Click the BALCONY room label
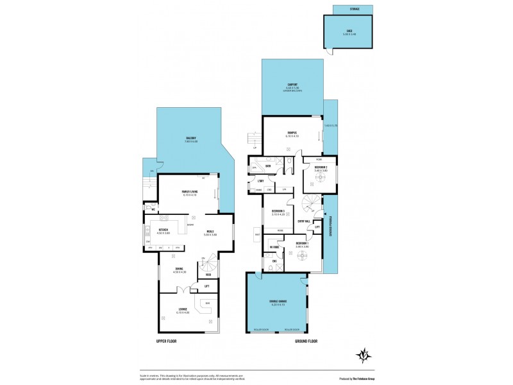click(191, 139)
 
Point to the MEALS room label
click(210, 232)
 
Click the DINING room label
click(179, 270)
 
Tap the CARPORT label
click(292, 85)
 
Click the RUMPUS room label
click(292, 133)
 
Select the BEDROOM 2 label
click(321, 168)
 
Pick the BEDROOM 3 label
click(278, 211)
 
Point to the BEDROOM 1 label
click(303, 244)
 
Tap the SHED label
click(349, 30)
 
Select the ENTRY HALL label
click(303, 222)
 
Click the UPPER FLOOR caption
click(165, 341)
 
